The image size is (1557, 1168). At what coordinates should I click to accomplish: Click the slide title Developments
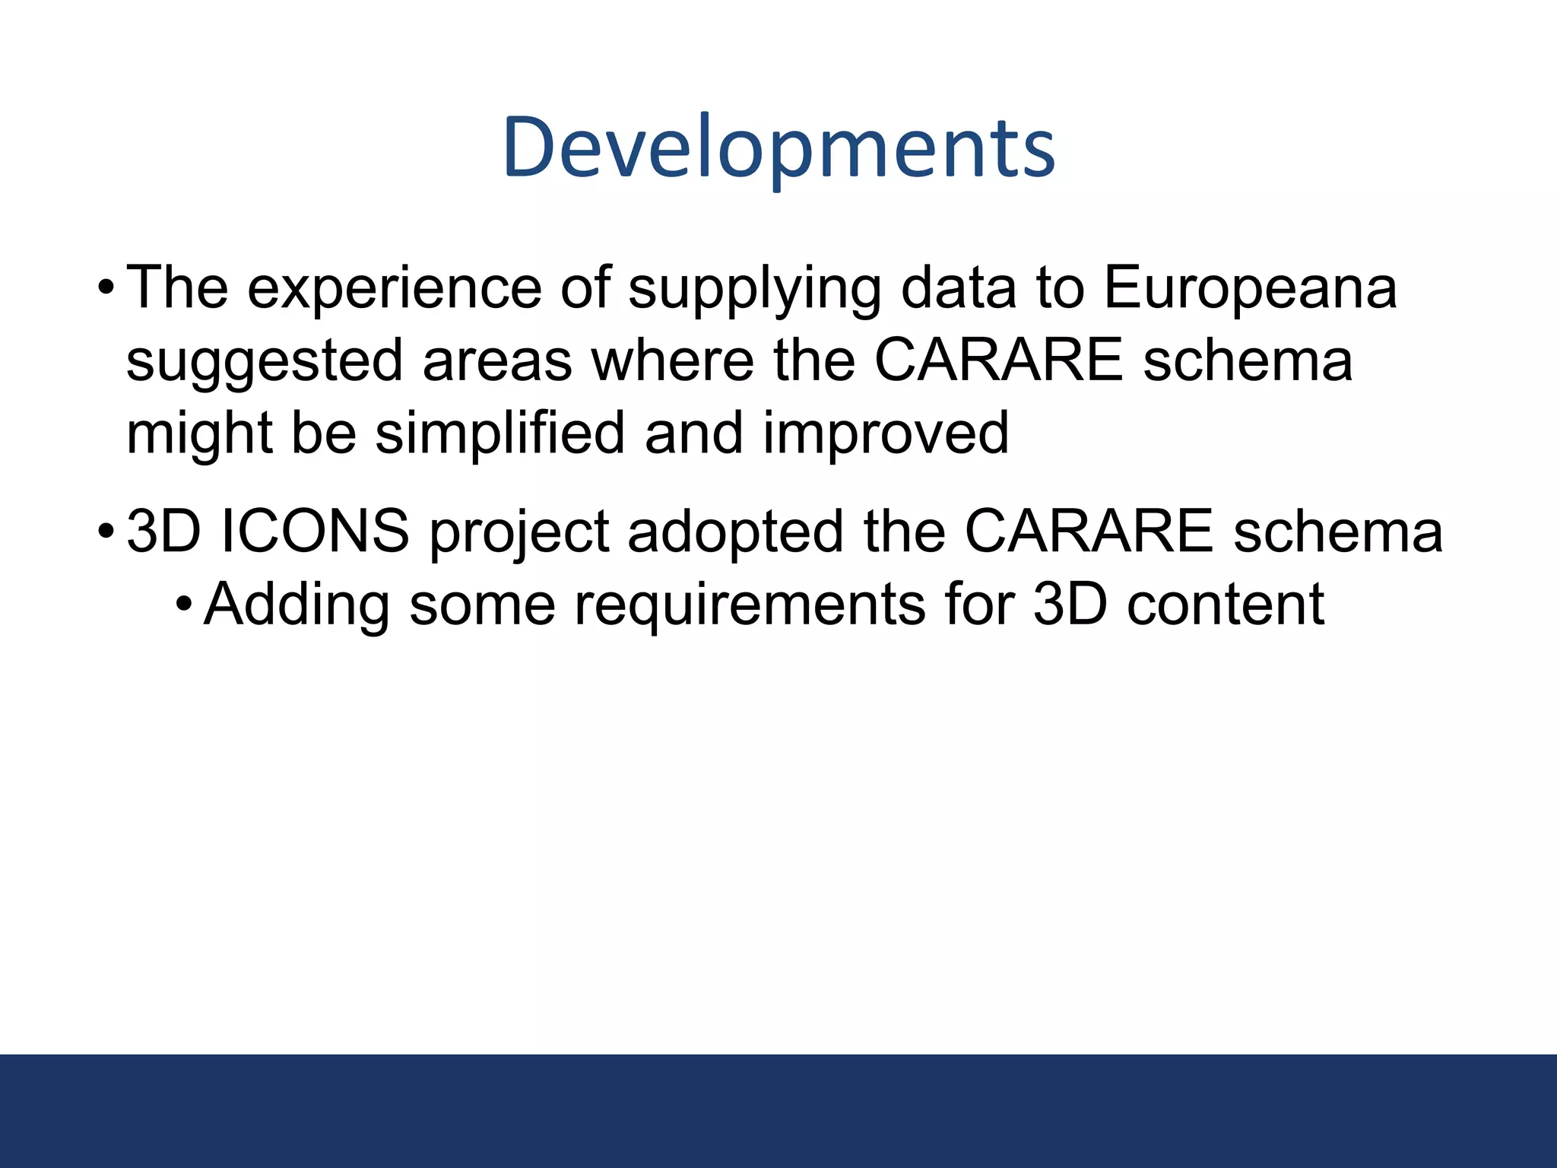point(778,148)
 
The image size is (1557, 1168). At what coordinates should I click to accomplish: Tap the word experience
point(395,289)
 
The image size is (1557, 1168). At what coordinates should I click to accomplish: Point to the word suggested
point(264,362)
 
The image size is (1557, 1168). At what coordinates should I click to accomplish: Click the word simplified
point(499,433)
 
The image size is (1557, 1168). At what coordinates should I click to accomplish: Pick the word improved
point(886,434)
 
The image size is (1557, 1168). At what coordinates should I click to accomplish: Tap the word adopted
point(734,532)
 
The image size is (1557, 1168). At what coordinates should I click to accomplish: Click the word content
point(1226,605)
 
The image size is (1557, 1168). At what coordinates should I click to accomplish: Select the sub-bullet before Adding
point(183,605)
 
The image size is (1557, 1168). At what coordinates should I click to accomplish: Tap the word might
point(199,434)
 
